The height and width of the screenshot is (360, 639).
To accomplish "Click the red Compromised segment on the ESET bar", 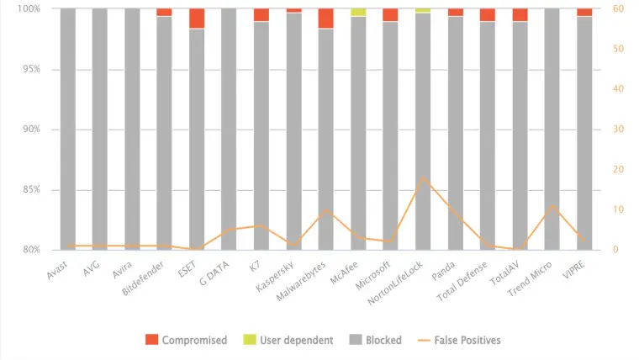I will pos(197,19).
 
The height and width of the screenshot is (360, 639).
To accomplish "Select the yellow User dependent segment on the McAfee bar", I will pos(358,13).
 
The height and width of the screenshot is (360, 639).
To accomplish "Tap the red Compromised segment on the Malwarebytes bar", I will pos(326,19).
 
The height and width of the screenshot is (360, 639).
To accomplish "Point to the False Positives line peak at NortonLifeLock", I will pos(423,178).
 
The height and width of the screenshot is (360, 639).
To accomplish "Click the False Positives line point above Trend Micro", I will pos(552,205).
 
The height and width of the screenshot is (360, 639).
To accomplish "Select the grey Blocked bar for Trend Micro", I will pos(552,126).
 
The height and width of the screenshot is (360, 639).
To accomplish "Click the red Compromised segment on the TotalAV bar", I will pos(520,15).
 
